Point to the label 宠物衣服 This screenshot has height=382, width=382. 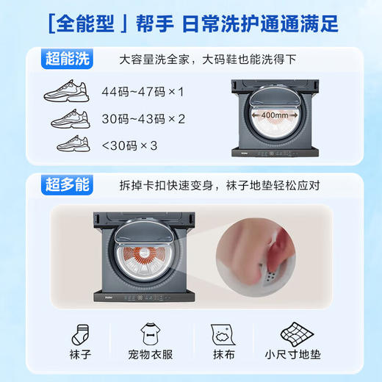point(153,364)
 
